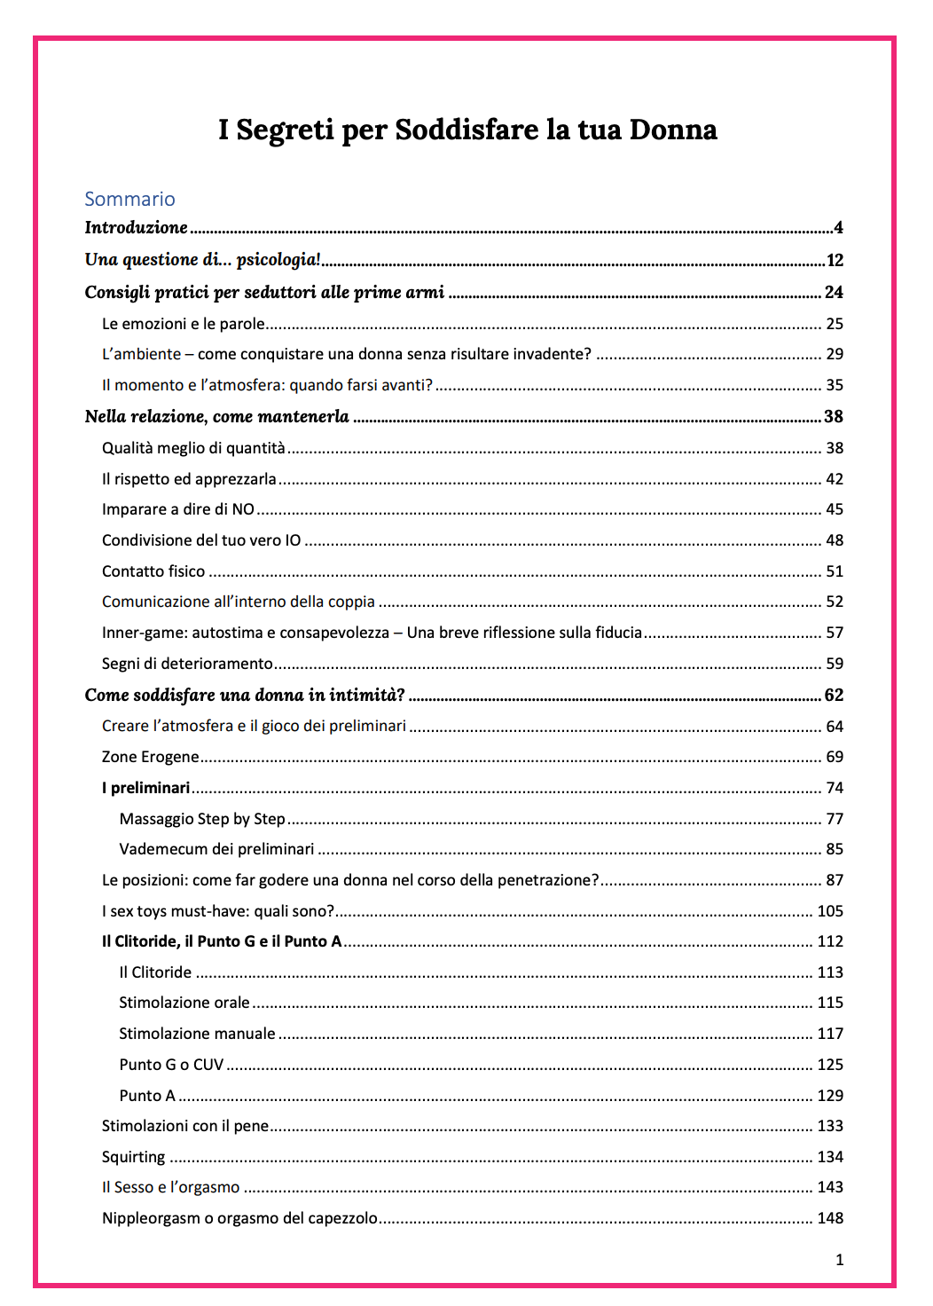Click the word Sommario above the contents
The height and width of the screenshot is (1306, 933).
[129, 199]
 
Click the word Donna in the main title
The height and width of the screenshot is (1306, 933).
[672, 130]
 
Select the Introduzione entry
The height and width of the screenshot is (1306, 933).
[136, 228]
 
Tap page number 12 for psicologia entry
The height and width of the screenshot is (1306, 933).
[835, 261]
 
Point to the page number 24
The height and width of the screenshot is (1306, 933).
[834, 293]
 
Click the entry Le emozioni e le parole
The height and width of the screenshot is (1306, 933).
[183, 324]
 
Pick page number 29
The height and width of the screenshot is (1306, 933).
[835, 354]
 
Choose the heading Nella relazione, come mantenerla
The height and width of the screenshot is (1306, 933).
[216, 417]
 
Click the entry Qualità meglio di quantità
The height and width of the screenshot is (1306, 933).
[193, 448]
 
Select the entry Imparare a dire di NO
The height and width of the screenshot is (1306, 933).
[178, 509]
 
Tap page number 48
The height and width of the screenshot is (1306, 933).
[835, 540]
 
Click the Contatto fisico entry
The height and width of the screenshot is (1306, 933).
[153, 571]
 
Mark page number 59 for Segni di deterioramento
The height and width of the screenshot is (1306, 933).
[835, 664]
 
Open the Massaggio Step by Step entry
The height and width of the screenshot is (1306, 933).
[202, 819]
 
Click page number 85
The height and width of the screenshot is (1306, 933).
[835, 849]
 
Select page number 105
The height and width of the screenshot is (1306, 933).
[830, 911]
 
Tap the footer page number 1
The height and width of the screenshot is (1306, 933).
[839, 1260]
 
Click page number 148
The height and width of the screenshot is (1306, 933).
[830, 1218]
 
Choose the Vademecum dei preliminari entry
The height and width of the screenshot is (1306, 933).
[216, 849]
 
